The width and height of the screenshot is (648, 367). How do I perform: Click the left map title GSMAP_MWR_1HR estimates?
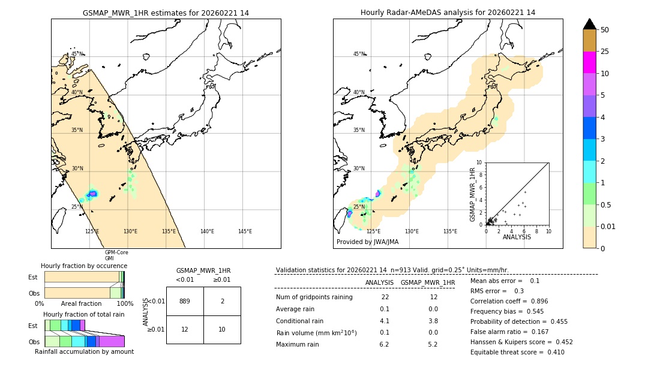pos(166,13)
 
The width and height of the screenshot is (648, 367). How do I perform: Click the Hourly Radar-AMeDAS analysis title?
pos(448,13)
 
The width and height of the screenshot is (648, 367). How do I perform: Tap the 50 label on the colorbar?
pos(605,30)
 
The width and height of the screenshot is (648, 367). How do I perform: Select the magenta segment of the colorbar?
pos(589,62)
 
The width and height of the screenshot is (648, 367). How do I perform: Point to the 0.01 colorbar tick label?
pos(608,227)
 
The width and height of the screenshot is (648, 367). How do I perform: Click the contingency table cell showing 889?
pos(185,301)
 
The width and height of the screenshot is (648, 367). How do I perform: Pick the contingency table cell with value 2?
pos(222,301)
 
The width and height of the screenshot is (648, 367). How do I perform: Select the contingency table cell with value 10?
pos(222,329)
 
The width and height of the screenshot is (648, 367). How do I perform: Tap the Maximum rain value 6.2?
pos(384,345)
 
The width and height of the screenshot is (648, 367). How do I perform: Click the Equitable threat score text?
pos(517,353)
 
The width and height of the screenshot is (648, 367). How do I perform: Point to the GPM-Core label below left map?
pos(116,252)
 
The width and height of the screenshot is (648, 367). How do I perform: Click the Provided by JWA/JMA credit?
pos(367,242)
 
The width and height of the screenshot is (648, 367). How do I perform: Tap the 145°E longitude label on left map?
pos(245,231)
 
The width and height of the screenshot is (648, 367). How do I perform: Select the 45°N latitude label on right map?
pos(359,54)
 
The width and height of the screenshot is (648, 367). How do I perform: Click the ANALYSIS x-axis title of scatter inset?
pos(517,237)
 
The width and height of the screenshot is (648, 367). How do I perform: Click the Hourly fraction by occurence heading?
pos(84,266)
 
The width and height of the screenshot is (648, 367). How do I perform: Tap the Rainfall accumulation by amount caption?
pos(84,352)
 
